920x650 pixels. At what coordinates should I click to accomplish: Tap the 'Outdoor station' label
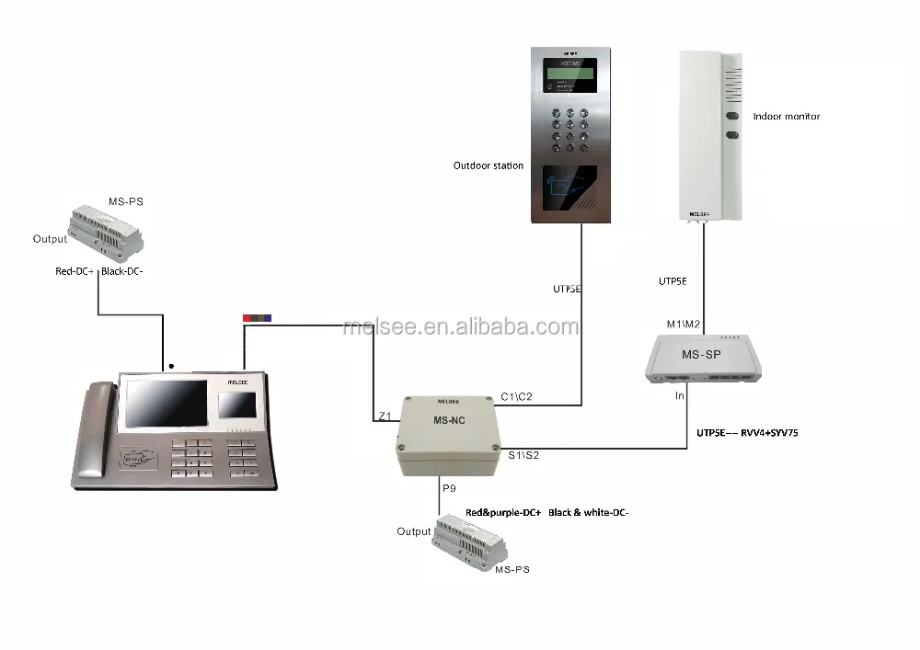(488, 166)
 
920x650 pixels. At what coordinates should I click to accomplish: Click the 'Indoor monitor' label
(786, 117)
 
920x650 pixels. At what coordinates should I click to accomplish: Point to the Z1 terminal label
(385, 416)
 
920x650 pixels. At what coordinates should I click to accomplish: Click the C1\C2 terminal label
(516, 397)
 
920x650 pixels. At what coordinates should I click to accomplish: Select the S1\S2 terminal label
(523, 454)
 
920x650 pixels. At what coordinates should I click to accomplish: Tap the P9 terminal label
(449, 489)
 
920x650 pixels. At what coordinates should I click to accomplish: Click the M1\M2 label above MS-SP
(684, 323)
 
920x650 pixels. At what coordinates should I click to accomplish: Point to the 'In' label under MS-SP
(680, 396)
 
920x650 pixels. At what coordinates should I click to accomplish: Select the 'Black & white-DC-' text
(588, 511)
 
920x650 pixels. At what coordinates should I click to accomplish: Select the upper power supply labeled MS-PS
(106, 230)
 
